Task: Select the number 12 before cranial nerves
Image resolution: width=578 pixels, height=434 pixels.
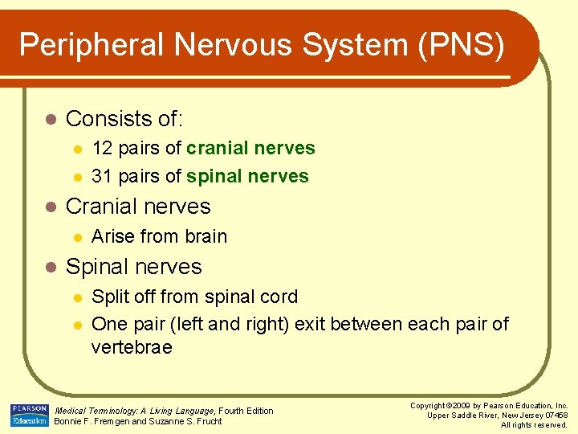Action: point(102,148)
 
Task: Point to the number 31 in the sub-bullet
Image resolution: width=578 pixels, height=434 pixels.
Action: point(102,176)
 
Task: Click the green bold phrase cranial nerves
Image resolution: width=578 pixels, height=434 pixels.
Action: point(250,148)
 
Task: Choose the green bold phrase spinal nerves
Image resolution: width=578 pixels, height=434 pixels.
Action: point(247,176)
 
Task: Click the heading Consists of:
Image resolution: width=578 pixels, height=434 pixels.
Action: point(124,119)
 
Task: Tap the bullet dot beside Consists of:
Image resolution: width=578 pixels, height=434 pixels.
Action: point(50,120)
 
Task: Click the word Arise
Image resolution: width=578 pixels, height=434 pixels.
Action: point(113,236)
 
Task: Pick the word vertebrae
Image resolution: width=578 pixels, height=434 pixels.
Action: point(132,347)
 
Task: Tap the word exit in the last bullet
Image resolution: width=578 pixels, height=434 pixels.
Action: point(310,324)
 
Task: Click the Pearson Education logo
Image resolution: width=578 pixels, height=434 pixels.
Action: point(29,415)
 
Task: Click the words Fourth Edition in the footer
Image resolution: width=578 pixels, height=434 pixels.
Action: point(246,411)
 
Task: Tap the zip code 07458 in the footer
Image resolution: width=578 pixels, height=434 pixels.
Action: point(553,415)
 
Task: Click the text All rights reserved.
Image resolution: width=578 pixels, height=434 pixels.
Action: point(534,424)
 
